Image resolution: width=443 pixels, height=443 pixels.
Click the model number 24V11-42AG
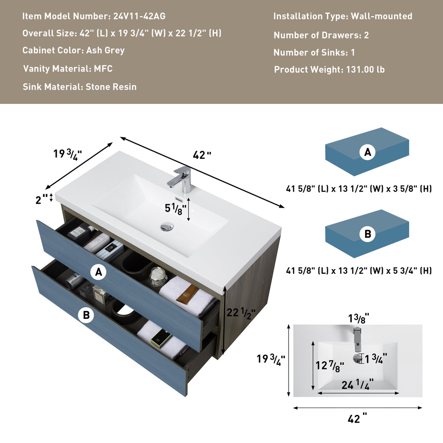pyautogui.click(x=139, y=16)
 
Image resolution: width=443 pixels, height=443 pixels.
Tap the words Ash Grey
pyautogui.click(x=106, y=50)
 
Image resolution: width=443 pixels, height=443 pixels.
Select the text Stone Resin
pyautogui.click(x=111, y=87)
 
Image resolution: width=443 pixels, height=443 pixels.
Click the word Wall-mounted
pyautogui.click(x=382, y=16)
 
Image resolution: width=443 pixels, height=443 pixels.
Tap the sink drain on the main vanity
pyautogui.click(x=167, y=226)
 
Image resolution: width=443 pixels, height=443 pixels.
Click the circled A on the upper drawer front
pyautogui.click(x=98, y=272)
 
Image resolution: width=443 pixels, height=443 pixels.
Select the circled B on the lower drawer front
pyautogui.click(x=86, y=315)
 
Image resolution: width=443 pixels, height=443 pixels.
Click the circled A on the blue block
pyautogui.click(x=367, y=152)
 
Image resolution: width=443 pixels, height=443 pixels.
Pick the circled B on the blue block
pyautogui.click(x=367, y=234)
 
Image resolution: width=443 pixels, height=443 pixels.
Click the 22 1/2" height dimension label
pyautogui.click(x=241, y=313)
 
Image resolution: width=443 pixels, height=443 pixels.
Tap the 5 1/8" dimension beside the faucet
pyautogui.click(x=176, y=209)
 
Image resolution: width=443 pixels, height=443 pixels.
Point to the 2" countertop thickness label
pyautogui.click(x=41, y=199)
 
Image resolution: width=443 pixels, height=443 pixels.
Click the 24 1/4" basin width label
pyautogui.click(x=357, y=384)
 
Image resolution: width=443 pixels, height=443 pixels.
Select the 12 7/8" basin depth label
pyautogui.click(x=330, y=366)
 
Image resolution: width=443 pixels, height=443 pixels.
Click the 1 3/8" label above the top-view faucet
pyautogui.click(x=359, y=318)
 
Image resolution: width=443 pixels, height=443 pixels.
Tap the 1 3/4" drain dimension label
pyautogui.click(x=376, y=358)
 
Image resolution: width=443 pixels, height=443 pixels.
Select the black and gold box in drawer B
pyautogui.click(x=161, y=338)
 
